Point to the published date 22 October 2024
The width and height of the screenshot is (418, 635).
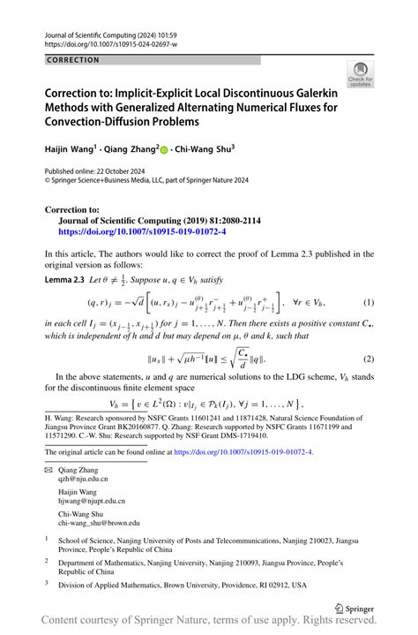point(117,171)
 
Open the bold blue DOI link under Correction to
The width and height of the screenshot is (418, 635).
point(130,231)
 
